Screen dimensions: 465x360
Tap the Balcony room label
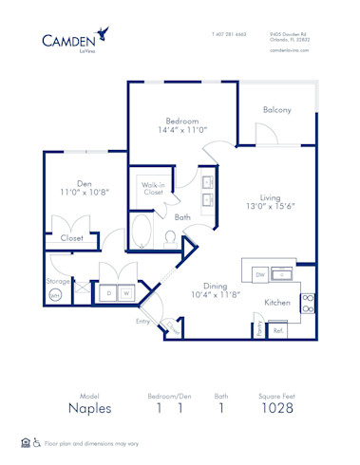coord(276,110)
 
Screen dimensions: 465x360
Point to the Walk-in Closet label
coord(152,188)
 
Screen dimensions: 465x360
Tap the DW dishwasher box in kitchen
coord(258,273)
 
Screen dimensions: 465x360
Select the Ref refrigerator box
coord(278,330)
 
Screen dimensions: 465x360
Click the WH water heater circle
coord(54,295)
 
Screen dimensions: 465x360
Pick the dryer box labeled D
coord(109,294)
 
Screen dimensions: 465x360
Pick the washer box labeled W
coord(125,294)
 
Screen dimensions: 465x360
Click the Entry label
coord(142,322)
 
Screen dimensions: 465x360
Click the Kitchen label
coord(276,303)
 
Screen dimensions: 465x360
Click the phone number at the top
coord(228,33)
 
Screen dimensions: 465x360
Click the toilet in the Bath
coord(170,237)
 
